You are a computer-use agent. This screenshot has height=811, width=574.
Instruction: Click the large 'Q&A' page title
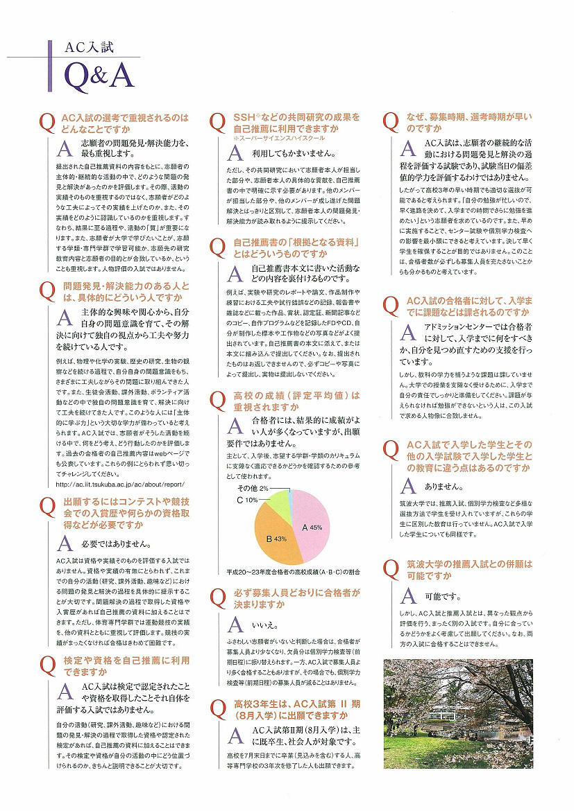pyautogui.click(x=98, y=78)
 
